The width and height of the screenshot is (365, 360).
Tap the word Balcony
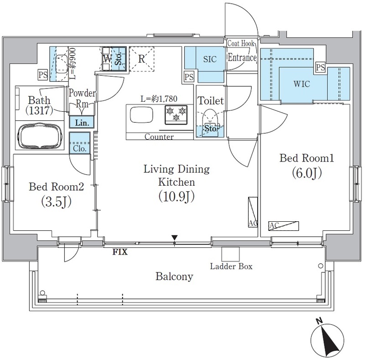click(x=174, y=277)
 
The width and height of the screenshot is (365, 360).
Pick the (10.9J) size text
click(x=176, y=197)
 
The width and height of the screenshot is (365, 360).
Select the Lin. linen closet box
click(x=82, y=122)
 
